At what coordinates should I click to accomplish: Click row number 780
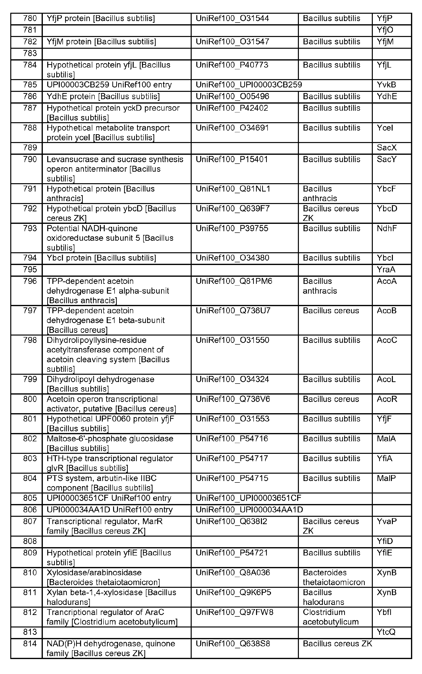pyautogui.click(x=30, y=18)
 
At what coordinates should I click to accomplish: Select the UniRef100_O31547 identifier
pyautogui.click(x=232, y=42)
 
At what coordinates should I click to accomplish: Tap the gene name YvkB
pyautogui.click(x=386, y=85)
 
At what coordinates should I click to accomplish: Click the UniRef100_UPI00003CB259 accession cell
pyautogui.click(x=249, y=85)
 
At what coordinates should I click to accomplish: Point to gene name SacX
pyautogui.click(x=387, y=148)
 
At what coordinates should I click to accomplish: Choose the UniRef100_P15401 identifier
pyautogui.click(x=232, y=159)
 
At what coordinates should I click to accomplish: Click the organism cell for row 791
pyautogui.click(x=320, y=193)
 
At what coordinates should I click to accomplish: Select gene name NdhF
pyautogui.click(x=387, y=229)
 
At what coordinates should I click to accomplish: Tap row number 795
pyautogui.click(x=30, y=270)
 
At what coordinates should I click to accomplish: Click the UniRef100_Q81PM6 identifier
pyautogui.click(x=234, y=281)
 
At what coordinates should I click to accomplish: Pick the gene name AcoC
pyautogui.click(x=387, y=340)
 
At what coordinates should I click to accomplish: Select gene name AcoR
pyautogui.click(x=387, y=399)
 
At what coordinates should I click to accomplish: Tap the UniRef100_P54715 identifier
pyautogui.click(x=232, y=478)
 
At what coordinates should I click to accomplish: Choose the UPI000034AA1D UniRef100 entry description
pyautogui.click(x=109, y=510)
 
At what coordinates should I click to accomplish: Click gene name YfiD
pyautogui.click(x=385, y=541)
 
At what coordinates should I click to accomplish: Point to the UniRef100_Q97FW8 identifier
pyautogui.click(x=234, y=612)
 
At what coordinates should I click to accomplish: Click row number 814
pyautogui.click(x=30, y=644)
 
